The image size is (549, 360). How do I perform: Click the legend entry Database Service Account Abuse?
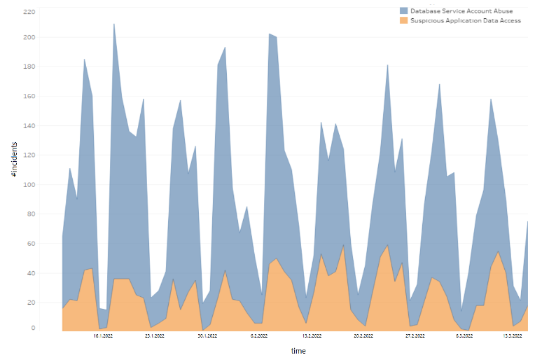point(461,11)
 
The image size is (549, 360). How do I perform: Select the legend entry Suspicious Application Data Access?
point(465,20)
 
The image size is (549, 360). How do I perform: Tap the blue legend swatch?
point(404,11)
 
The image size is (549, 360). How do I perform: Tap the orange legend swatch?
point(404,20)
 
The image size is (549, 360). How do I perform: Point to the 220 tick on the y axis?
point(29,12)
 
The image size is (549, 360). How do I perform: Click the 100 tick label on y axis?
point(29,185)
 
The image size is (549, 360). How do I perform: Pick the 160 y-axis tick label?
point(29,97)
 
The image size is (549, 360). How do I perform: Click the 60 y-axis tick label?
point(31,244)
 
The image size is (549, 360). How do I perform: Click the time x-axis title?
point(298,351)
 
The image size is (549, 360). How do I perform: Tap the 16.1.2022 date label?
point(103,336)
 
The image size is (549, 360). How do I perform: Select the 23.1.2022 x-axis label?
point(154,336)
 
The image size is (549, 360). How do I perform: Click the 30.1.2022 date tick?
point(207,336)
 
